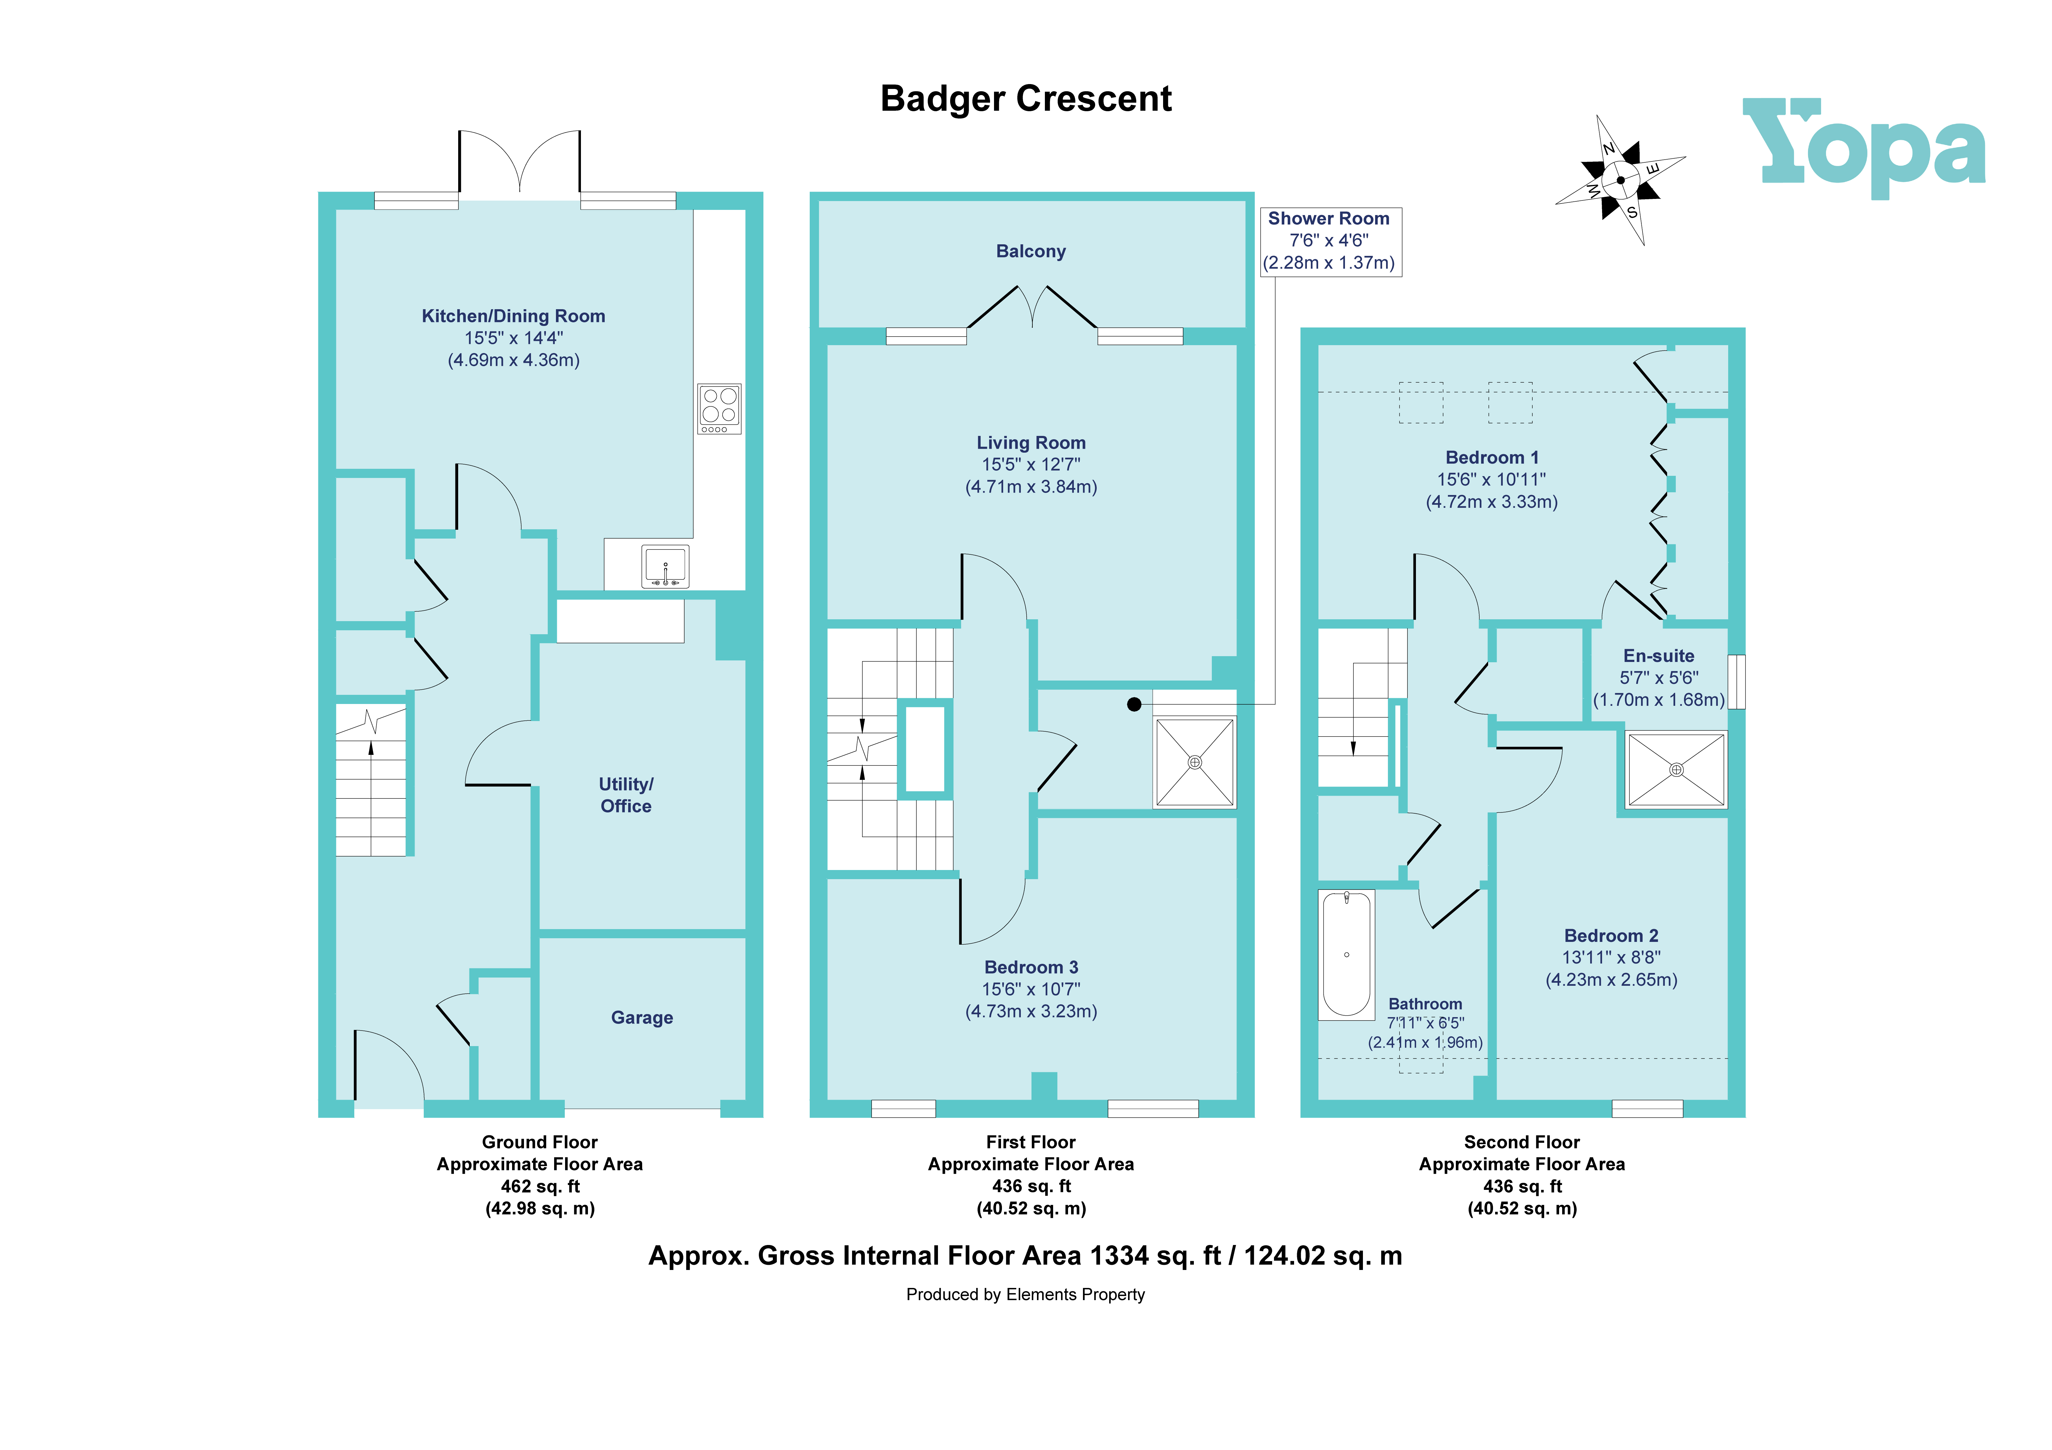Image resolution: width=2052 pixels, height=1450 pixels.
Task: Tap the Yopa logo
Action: (1863, 147)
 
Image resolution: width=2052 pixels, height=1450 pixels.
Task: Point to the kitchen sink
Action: (665, 566)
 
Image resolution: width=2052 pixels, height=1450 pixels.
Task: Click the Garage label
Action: (642, 1017)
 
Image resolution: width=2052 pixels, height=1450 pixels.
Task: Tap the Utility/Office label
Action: (626, 795)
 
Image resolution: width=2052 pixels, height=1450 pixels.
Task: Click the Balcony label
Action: (1031, 251)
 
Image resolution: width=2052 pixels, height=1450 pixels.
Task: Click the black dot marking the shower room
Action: (1134, 705)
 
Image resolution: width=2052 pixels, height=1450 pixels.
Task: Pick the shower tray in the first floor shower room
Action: (1195, 762)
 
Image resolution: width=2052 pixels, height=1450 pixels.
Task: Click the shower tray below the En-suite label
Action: (1676, 770)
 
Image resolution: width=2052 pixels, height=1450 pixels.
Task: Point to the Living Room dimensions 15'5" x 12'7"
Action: (1031, 465)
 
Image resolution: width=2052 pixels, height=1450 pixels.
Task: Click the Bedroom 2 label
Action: (1611, 936)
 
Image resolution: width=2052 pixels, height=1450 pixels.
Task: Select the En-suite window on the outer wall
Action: (1735, 682)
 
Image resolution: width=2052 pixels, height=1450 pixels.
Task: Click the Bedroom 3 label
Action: (1031, 967)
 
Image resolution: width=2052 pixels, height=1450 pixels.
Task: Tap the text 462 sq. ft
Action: (540, 1186)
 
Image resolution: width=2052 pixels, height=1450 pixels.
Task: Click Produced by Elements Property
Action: (1025, 1294)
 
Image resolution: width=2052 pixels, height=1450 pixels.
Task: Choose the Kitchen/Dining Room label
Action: (513, 317)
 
